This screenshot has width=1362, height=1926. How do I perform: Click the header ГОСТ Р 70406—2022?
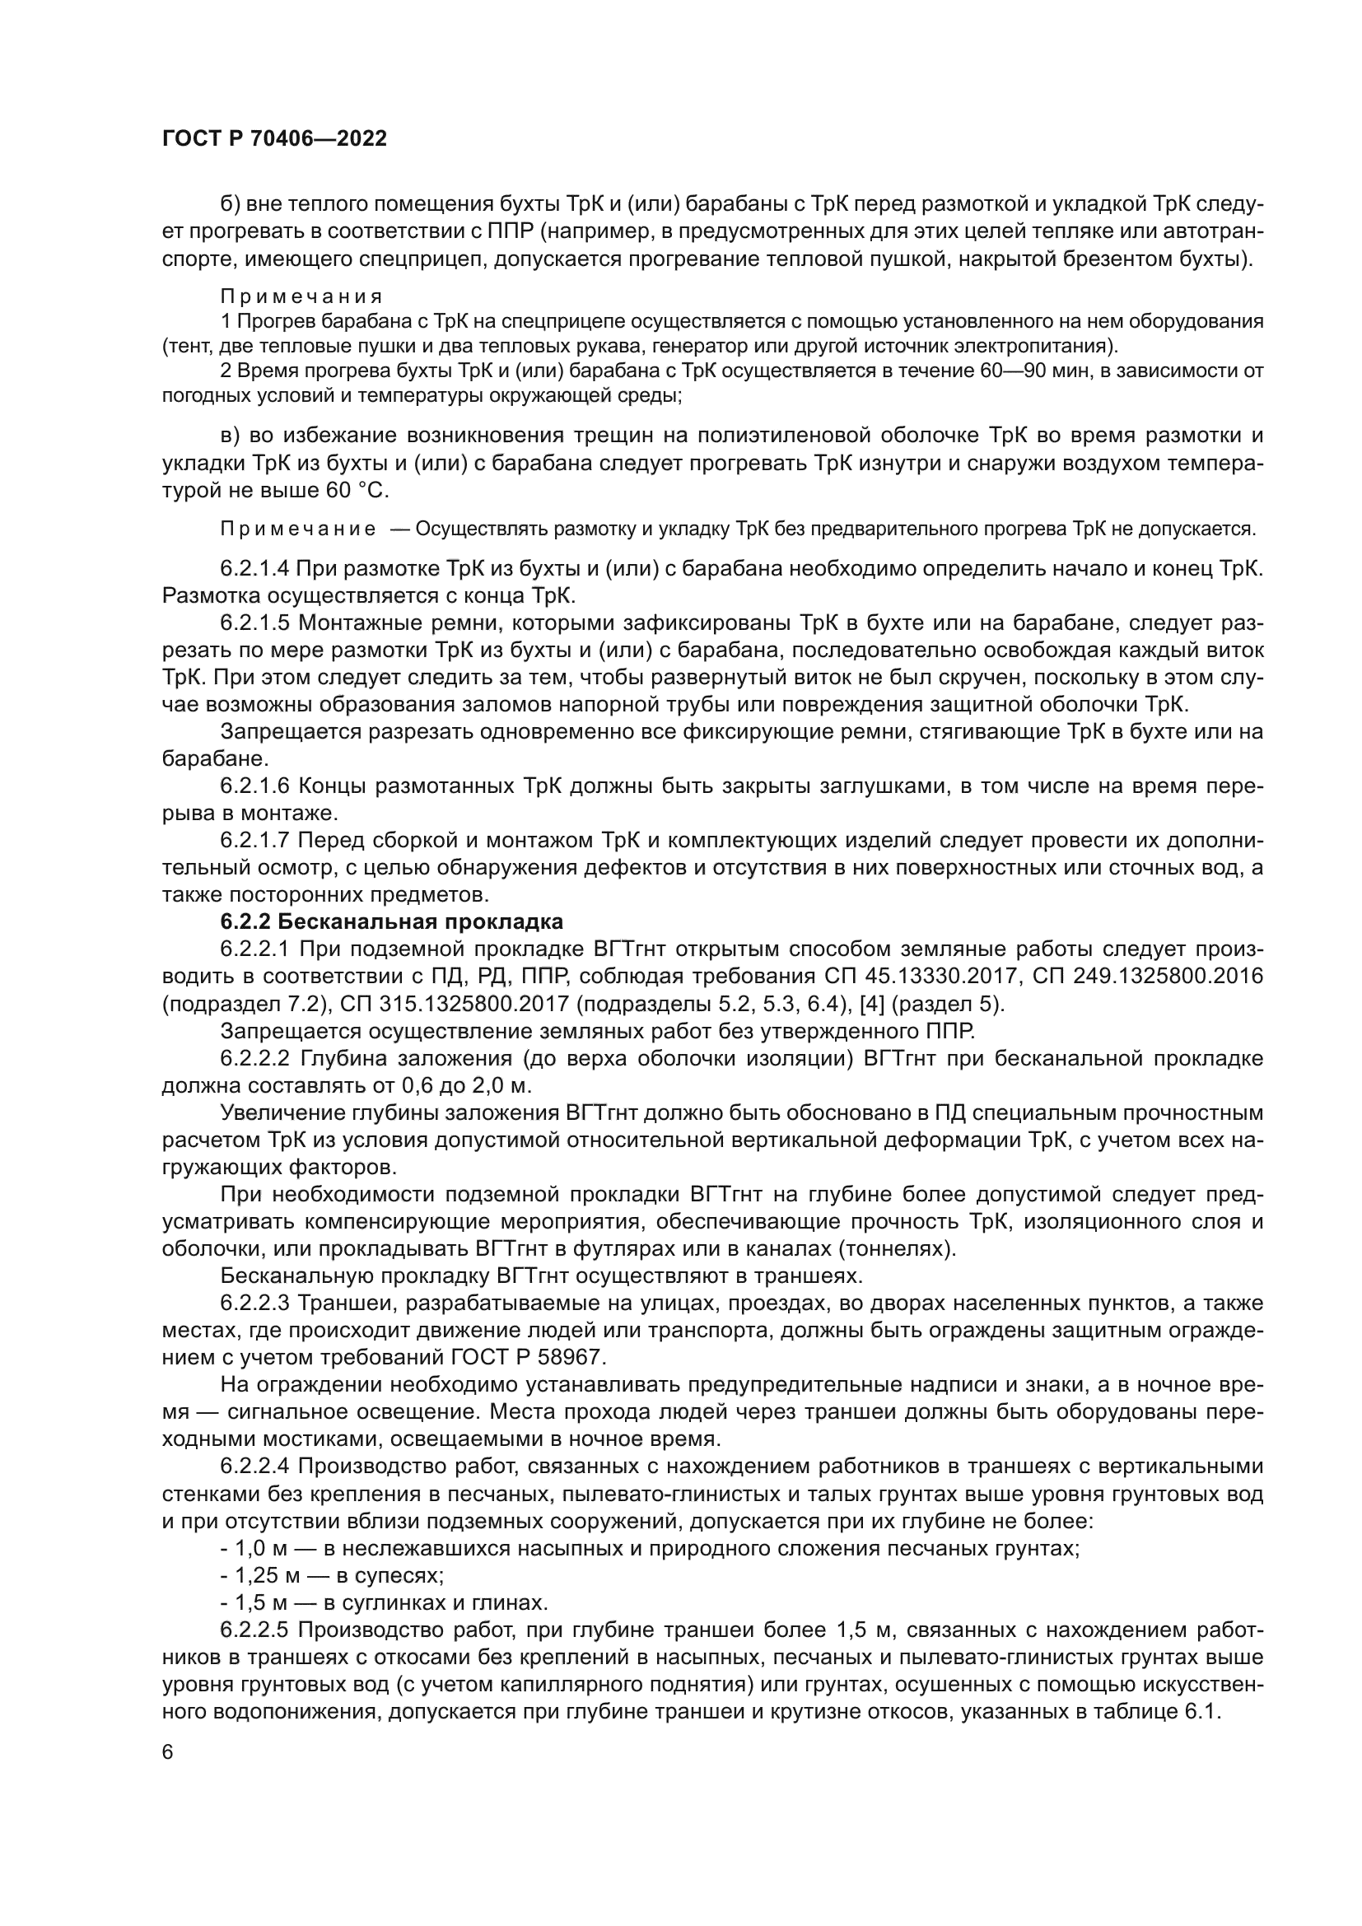(274, 139)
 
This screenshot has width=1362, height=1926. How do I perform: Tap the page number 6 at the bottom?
(168, 1753)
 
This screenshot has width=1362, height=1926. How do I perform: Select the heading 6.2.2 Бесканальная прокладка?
(391, 922)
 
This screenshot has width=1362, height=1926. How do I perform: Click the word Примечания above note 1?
(301, 296)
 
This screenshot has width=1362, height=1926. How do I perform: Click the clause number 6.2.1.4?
(254, 568)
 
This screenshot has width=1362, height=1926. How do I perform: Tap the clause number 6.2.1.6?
(254, 786)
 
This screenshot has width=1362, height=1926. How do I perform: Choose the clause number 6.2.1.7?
(254, 841)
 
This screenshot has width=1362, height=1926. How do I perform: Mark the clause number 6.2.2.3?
(254, 1303)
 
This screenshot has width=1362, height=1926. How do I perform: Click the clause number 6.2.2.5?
(254, 1630)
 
